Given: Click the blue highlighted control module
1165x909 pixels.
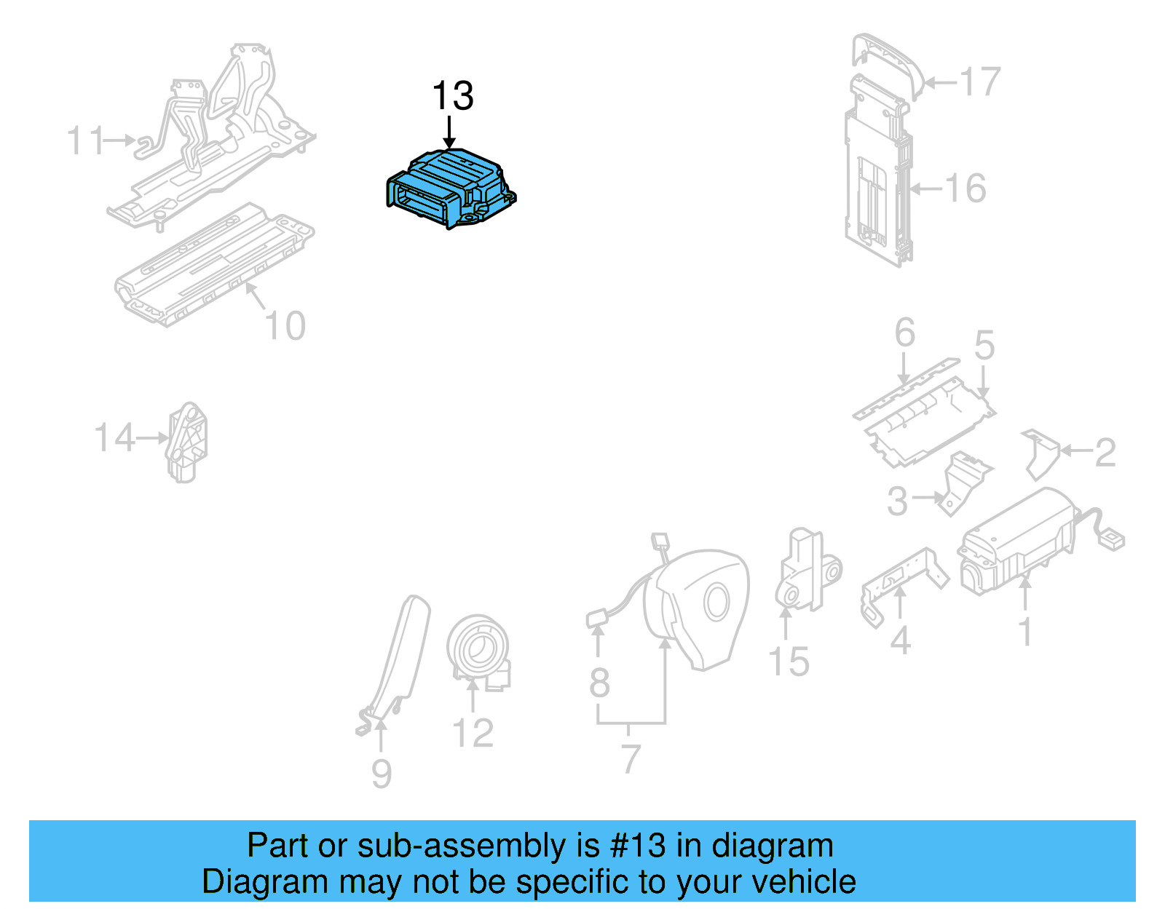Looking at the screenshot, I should point(450,188).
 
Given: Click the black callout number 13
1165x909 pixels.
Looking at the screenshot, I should point(452,96).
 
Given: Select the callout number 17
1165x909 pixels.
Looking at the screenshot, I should point(979,82).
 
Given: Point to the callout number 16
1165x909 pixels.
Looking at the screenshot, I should point(965,188).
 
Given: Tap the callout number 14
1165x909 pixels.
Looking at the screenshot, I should point(114,438).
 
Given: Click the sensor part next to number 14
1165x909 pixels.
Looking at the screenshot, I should point(187,442).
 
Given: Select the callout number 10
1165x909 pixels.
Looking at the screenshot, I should point(285,326).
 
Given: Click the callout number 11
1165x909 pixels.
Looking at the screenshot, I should point(85,140).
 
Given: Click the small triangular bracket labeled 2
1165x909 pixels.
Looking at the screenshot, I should point(1041,453).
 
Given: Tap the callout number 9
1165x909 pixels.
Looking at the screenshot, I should point(382,774).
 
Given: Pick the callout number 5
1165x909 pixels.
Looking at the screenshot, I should point(984,345).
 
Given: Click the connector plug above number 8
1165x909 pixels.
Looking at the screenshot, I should point(597,618).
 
